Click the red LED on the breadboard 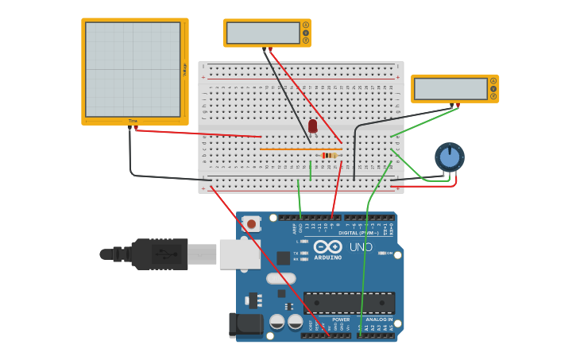tap(312, 126)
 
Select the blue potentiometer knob tap(450, 157)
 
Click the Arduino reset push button tap(251, 224)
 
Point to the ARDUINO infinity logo tap(327, 246)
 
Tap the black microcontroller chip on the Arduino tap(349, 303)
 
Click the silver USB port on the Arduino tap(239, 254)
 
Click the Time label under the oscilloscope tap(133, 121)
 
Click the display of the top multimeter tap(262, 33)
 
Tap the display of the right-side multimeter tap(450, 88)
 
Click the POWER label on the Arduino tap(341, 319)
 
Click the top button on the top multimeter tap(306, 25)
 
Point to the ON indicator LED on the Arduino tap(383, 254)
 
